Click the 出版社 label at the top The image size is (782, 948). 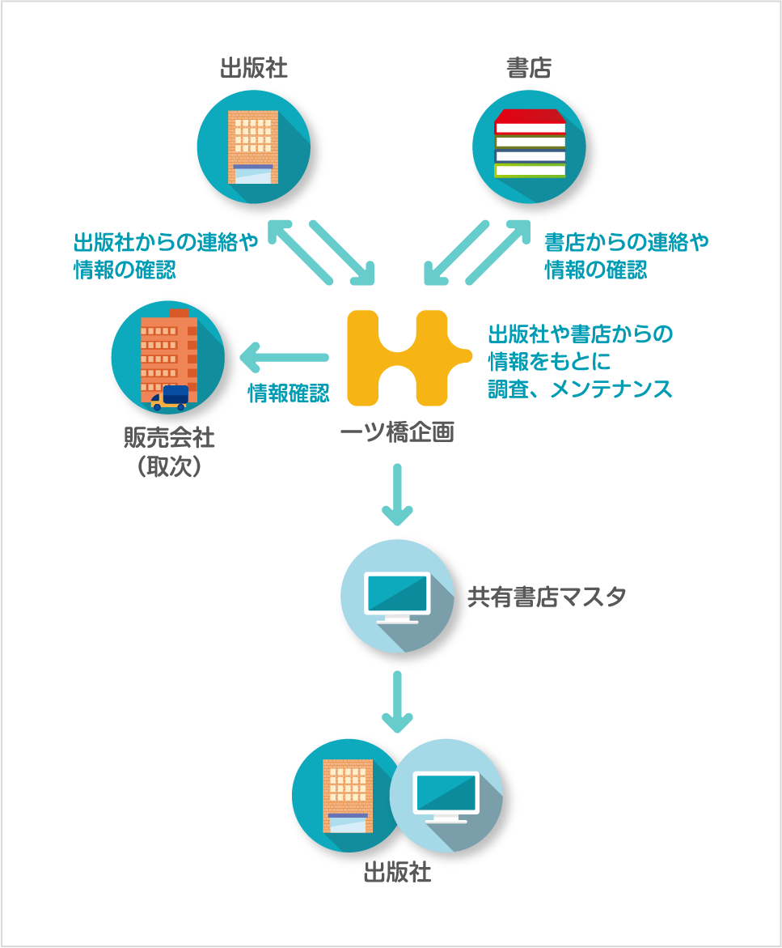[253, 69]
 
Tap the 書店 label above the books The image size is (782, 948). [528, 69]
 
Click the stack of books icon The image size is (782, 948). [530, 143]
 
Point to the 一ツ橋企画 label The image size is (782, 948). [397, 433]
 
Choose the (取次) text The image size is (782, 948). [169, 467]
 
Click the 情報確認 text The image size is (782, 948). [288, 393]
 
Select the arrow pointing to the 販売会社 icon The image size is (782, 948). [283, 356]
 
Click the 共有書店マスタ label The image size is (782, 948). [547, 597]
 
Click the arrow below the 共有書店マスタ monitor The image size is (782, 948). [397, 701]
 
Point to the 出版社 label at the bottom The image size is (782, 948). [397, 874]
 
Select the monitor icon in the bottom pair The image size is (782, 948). [446, 797]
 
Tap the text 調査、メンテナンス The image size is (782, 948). [580, 389]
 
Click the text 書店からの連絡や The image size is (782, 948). [626, 242]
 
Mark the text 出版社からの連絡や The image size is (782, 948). [166, 242]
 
